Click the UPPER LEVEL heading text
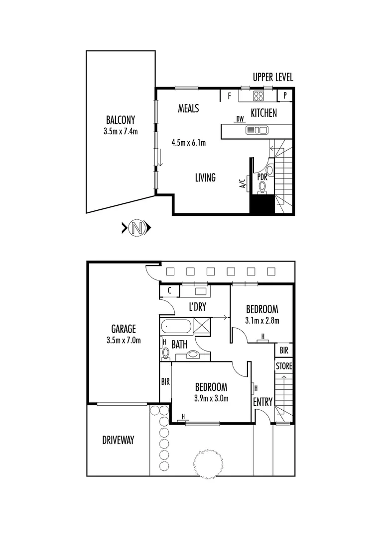273,77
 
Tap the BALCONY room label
120,120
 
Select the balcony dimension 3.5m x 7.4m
120,132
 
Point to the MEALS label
189,108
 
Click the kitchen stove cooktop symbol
259,96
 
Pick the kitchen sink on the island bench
257,130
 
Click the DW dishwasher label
240,119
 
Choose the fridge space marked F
229,96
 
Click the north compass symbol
137,228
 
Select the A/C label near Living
243,183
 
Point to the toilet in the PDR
262,186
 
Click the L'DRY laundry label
197,307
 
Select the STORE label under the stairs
284,366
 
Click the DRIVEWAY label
119,440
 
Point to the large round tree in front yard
208,463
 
